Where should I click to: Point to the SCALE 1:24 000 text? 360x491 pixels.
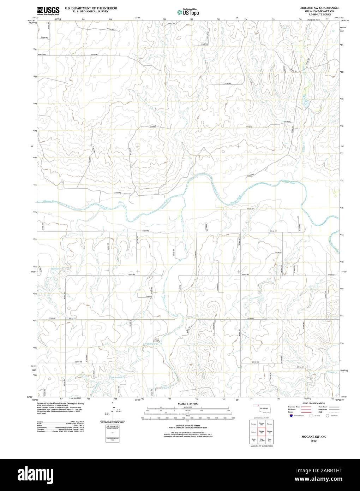[x=188, y=403]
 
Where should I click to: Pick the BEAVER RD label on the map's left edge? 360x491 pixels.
[x=42, y=55]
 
